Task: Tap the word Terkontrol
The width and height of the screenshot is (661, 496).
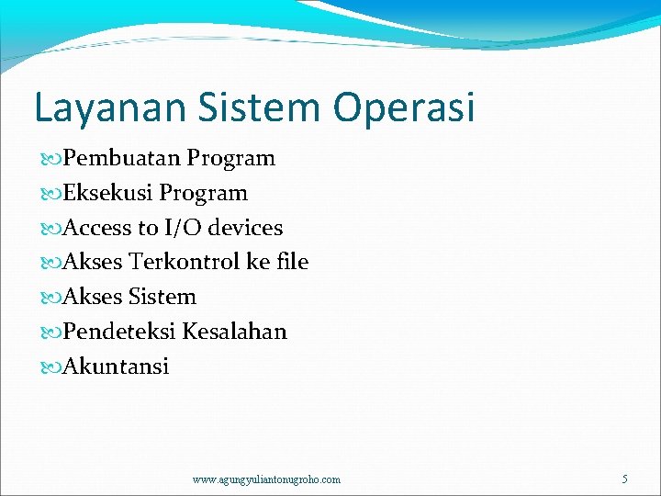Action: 185,262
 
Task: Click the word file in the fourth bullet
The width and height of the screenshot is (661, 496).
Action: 292,262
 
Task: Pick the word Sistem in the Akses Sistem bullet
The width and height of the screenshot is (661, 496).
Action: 162,297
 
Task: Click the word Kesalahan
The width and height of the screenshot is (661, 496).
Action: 234,332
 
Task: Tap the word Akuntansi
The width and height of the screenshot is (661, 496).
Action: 116,366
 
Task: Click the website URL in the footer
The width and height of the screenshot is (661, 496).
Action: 266,479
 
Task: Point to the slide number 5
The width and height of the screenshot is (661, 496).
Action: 624,479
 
